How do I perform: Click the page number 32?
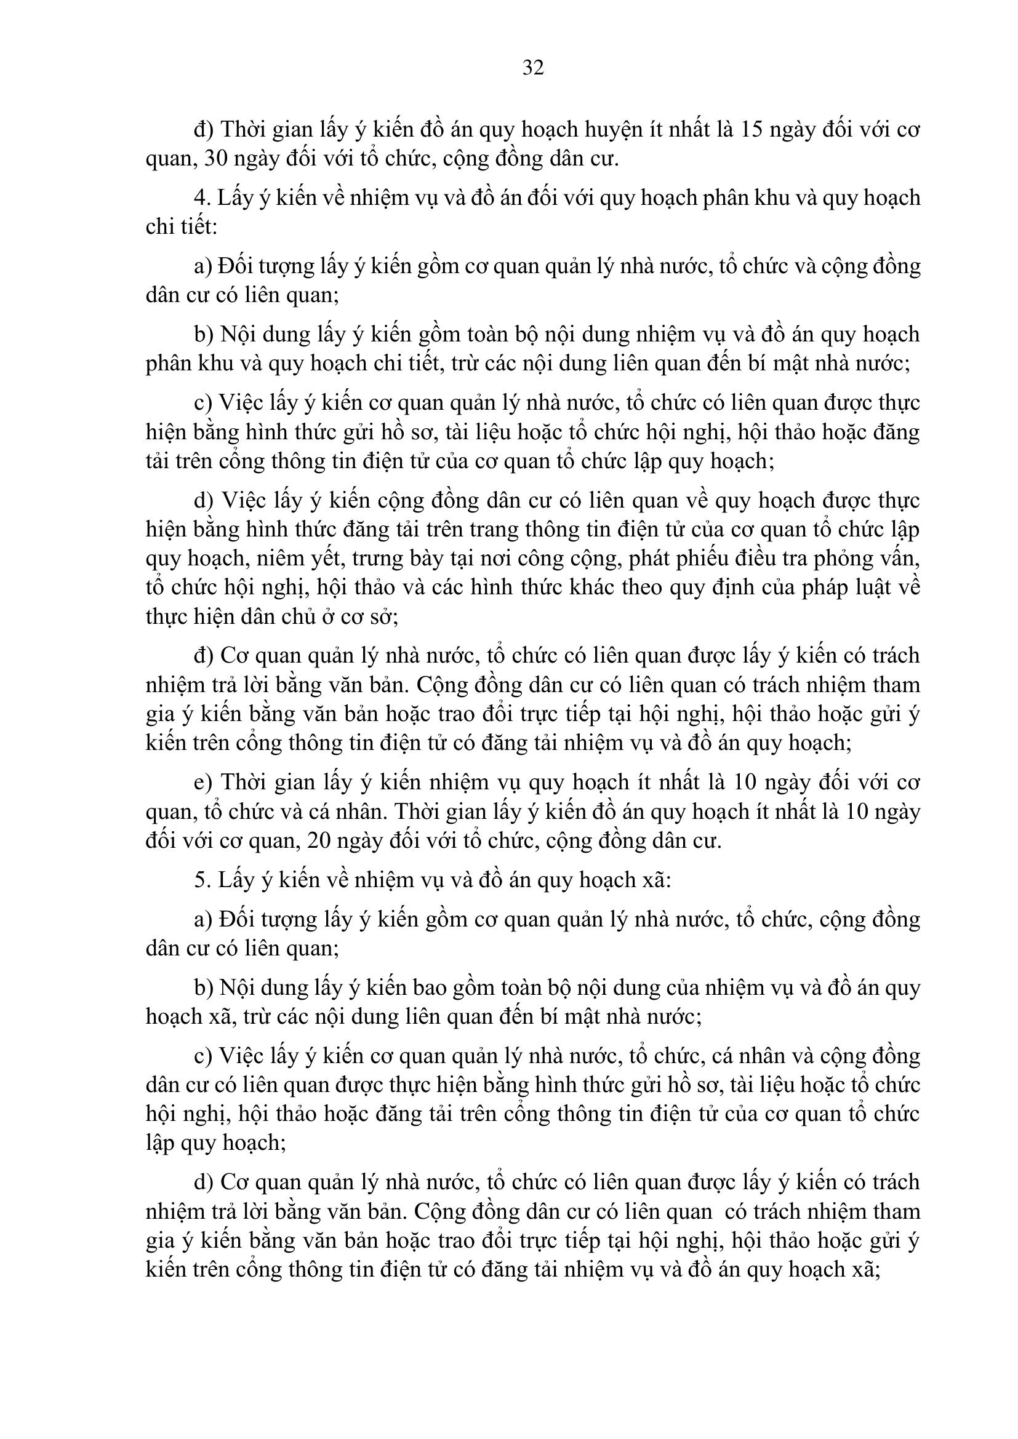coord(533,67)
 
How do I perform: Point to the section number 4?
coord(200,198)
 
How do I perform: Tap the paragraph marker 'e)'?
coord(202,782)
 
